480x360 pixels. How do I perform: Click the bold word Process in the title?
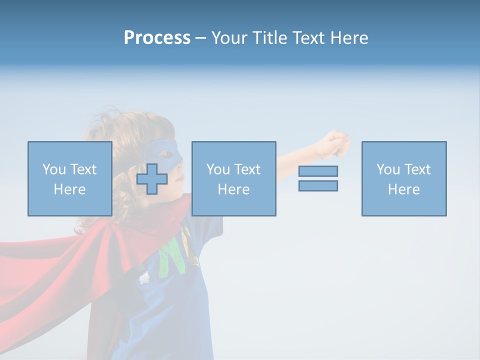pyautogui.click(x=157, y=38)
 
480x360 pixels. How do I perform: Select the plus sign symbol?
pyautogui.click(x=152, y=179)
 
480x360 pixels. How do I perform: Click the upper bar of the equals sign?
pyautogui.click(x=318, y=171)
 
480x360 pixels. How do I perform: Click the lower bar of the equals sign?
pyautogui.click(x=318, y=185)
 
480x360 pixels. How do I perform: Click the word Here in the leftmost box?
pyautogui.click(x=69, y=189)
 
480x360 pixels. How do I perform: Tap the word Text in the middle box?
pyautogui.click(x=246, y=169)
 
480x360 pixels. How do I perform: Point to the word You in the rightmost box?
pyautogui.click(x=388, y=169)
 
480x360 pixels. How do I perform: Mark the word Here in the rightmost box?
pyautogui.click(x=403, y=189)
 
